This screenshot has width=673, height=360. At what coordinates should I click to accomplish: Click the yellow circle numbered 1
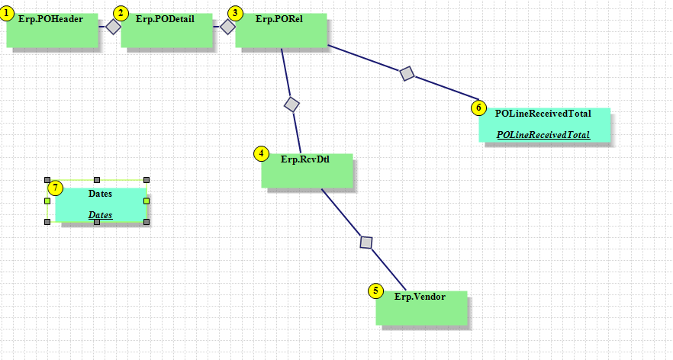8,13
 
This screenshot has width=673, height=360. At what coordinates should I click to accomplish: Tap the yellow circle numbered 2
121,13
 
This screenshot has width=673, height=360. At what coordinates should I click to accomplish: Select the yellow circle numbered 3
236,13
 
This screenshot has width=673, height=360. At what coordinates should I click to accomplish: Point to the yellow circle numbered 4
262,153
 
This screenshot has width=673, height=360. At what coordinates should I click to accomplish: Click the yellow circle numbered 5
375,291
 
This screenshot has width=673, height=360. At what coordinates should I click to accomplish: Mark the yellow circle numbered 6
478,108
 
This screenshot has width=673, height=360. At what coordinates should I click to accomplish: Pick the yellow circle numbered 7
55,188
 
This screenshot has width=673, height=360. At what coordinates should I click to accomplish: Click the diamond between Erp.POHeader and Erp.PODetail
113,27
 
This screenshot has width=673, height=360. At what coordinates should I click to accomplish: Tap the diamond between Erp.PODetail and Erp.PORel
227,27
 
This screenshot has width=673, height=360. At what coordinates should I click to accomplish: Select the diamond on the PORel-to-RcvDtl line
291,104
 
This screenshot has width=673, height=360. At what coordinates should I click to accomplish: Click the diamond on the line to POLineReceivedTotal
407,73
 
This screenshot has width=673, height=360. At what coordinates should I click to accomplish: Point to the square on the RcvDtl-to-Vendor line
366,243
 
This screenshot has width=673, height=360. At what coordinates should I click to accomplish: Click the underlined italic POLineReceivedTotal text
543,135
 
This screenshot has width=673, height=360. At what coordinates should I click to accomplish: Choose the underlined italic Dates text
101,215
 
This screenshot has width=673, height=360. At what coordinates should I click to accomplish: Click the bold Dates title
101,194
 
